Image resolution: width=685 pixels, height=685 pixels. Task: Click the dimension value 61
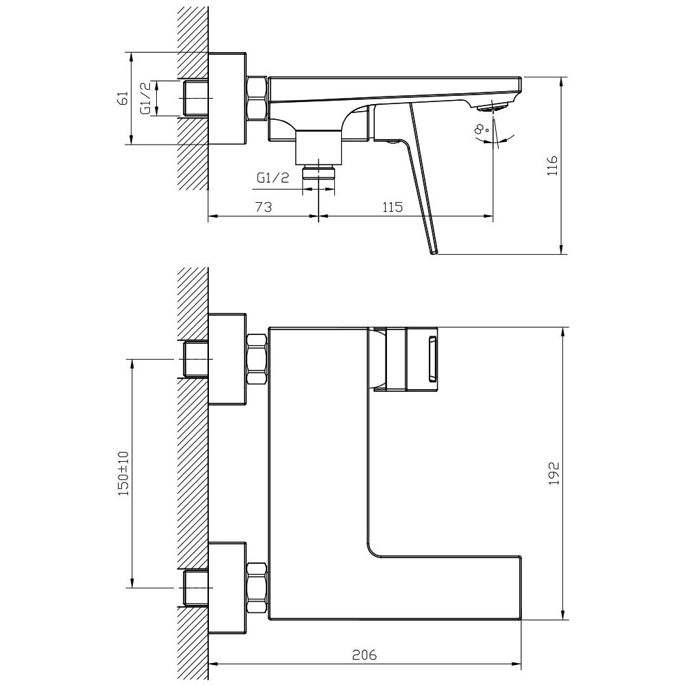point(124,99)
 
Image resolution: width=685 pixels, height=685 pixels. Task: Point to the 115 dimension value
point(391,207)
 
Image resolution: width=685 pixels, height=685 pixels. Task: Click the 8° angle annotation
point(481,127)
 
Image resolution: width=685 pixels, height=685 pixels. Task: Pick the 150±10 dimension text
point(123,473)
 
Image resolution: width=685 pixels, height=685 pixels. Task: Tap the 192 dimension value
point(553,473)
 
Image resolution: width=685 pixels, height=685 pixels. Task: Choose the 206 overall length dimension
point(364,654)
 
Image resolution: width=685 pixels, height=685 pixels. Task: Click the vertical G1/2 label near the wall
point(145,99)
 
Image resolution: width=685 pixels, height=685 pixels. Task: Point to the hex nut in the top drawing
point(256,98)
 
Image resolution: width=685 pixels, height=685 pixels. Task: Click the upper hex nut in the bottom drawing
point(256,359)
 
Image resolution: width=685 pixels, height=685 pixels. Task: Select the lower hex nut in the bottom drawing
point(256,586)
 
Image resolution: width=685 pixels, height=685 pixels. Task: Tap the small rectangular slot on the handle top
point(433,359)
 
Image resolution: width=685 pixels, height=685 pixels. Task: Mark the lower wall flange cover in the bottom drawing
point(227,586)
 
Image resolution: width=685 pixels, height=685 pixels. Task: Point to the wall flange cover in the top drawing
point(227,99)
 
